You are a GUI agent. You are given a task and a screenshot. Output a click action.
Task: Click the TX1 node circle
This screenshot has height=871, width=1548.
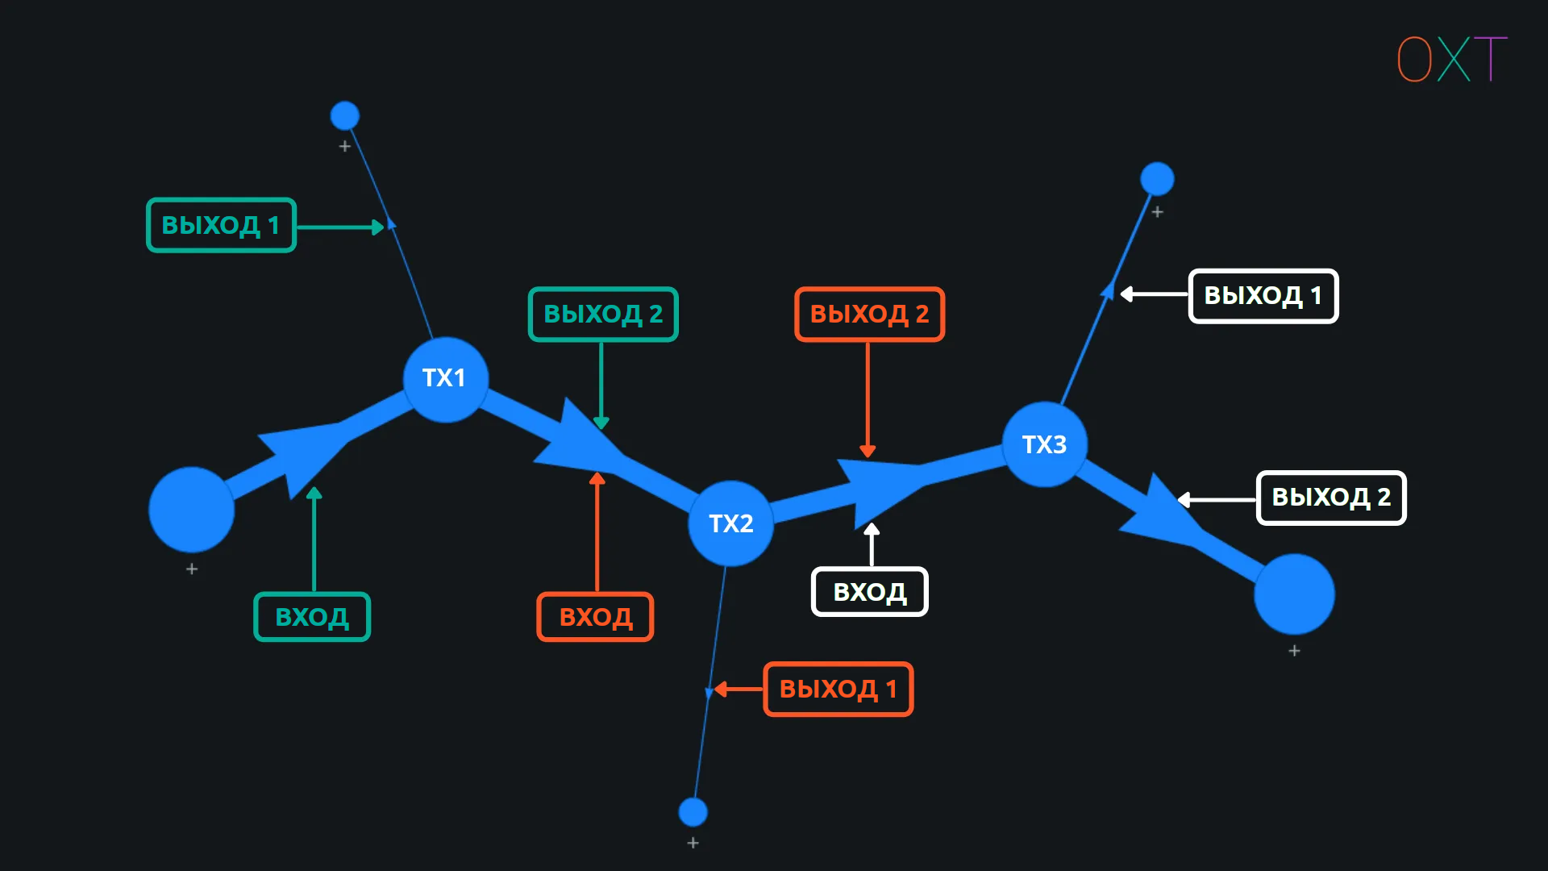pos(445,379)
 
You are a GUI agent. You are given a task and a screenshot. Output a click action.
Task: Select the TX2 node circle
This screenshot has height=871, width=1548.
pos(730,524)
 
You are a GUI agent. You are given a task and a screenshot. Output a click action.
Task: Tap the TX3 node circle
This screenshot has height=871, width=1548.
pos(1045,444)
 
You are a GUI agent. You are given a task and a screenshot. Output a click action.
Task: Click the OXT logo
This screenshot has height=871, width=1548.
pos(1451,59)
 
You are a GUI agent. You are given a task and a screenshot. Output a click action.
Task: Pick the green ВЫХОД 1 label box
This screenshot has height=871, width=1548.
pos(221,225)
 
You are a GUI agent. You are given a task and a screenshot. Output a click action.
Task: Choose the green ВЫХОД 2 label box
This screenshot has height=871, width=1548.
pos(603,314)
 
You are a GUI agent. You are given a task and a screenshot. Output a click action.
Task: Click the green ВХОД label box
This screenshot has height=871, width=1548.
pos(312,617)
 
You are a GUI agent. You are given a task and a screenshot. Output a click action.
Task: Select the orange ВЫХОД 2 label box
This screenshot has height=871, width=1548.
pos(869,314)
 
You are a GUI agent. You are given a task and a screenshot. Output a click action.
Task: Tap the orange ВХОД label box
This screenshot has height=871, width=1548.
pos(595,617)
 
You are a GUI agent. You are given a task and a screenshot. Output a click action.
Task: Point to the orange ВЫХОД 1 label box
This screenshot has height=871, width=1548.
pos(838,690)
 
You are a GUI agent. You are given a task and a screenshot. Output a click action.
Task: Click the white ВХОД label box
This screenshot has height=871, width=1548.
pos(869,592)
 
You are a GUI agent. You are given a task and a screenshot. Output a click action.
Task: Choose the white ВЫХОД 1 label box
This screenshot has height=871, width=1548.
pos(1263,296)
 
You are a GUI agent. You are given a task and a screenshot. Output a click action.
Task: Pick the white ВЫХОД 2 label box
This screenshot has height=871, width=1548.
pos(1330,498)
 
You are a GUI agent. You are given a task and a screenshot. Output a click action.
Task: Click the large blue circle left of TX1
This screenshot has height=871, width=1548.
pos(192,510)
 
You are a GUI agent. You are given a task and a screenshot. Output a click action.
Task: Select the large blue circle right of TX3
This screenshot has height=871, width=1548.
pos(1294,594)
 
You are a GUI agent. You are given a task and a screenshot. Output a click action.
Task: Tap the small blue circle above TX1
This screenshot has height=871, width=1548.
pos(345,116)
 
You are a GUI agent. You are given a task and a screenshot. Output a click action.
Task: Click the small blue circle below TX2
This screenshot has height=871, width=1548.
pos(693,812)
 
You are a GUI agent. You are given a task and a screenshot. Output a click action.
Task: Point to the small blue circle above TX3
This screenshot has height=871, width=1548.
pos(1157,179)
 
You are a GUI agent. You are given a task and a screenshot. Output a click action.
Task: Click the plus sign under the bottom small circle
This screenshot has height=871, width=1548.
pos(693,843)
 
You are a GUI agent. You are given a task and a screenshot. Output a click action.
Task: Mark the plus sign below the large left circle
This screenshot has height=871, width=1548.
pos(192,569)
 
